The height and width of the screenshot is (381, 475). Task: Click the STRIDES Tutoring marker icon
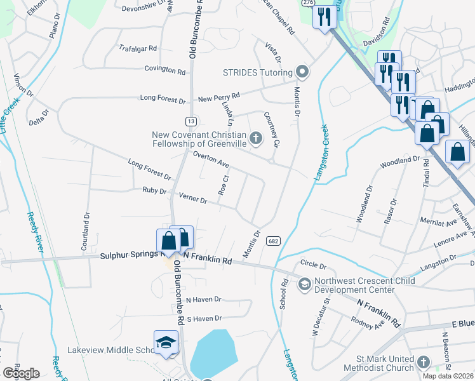pyautogui.click(x=302, y=71)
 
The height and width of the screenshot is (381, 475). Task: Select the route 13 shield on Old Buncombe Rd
pyautogui.click(x=191, y=121)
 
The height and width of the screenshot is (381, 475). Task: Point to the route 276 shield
pyautogui.click(x=308, y=3)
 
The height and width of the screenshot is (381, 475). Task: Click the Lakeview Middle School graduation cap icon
pyautogui.click(x=165, y=342)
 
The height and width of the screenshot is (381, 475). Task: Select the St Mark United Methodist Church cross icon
pyautogui.click(x=424, y=363)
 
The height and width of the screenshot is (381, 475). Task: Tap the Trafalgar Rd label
pyautogui.click(x=138, y=48)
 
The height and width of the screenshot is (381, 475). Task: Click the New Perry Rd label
pyautogui.click(x=218, y=96)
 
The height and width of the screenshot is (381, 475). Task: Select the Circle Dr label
pyautogui.click(x=313, y=265)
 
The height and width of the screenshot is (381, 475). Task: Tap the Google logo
pyautogui.click(x=22, y=373)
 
